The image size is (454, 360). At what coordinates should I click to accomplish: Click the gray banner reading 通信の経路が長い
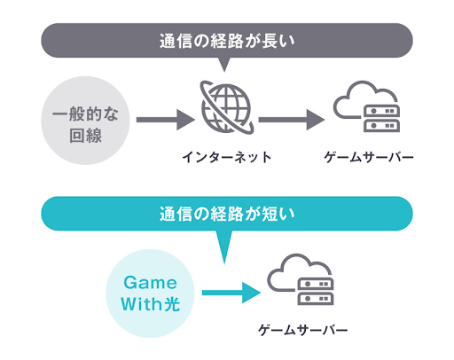tap(227, 40)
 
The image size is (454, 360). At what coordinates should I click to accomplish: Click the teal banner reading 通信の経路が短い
tap(227, 213)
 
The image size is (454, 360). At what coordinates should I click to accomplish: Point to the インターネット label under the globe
tap(226, 158)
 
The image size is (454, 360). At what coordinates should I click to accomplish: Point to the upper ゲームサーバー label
tap(370, 158)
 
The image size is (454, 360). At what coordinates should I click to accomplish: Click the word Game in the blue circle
tap(152, 281)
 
